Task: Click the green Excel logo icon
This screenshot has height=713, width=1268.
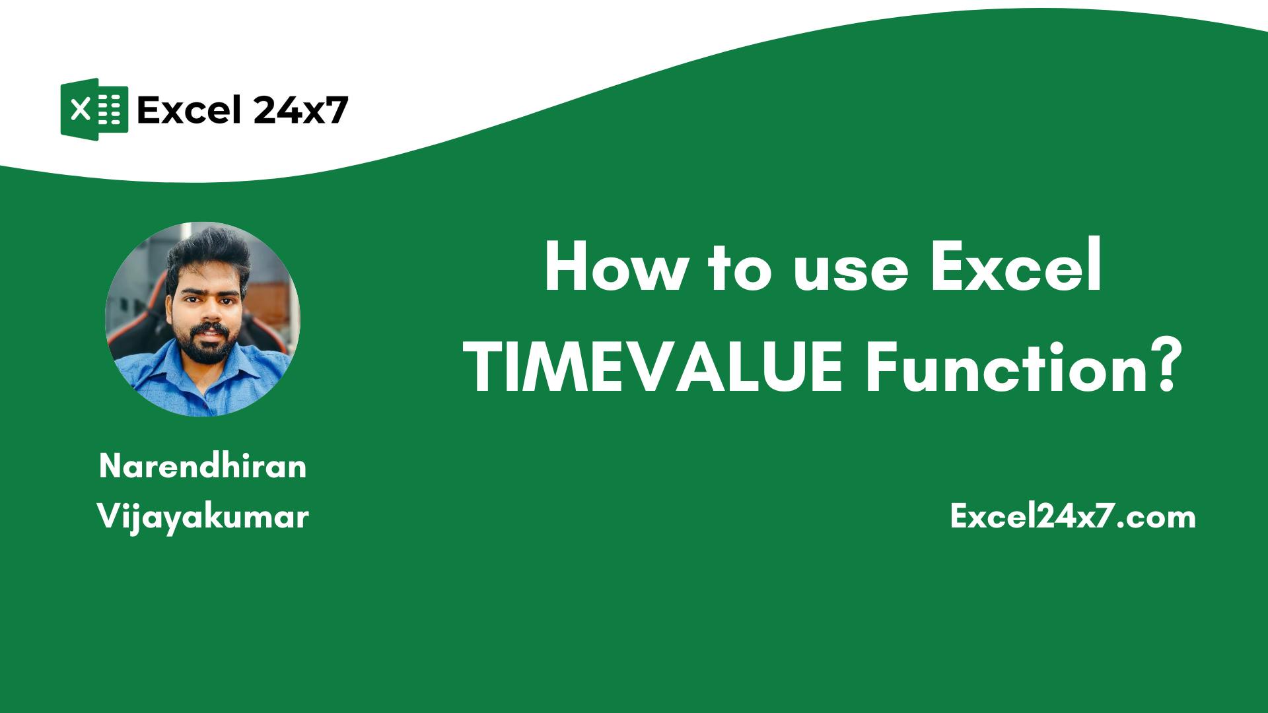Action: pos(94,109)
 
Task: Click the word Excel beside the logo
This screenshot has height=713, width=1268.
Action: pos(188,110)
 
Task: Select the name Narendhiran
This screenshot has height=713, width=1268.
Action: pos(203,467)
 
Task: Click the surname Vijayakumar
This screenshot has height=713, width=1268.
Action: pos(203,516)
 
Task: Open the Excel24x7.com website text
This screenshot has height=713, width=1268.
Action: pos(1073,516)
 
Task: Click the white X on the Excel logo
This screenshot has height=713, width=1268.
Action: pos(80,109)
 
